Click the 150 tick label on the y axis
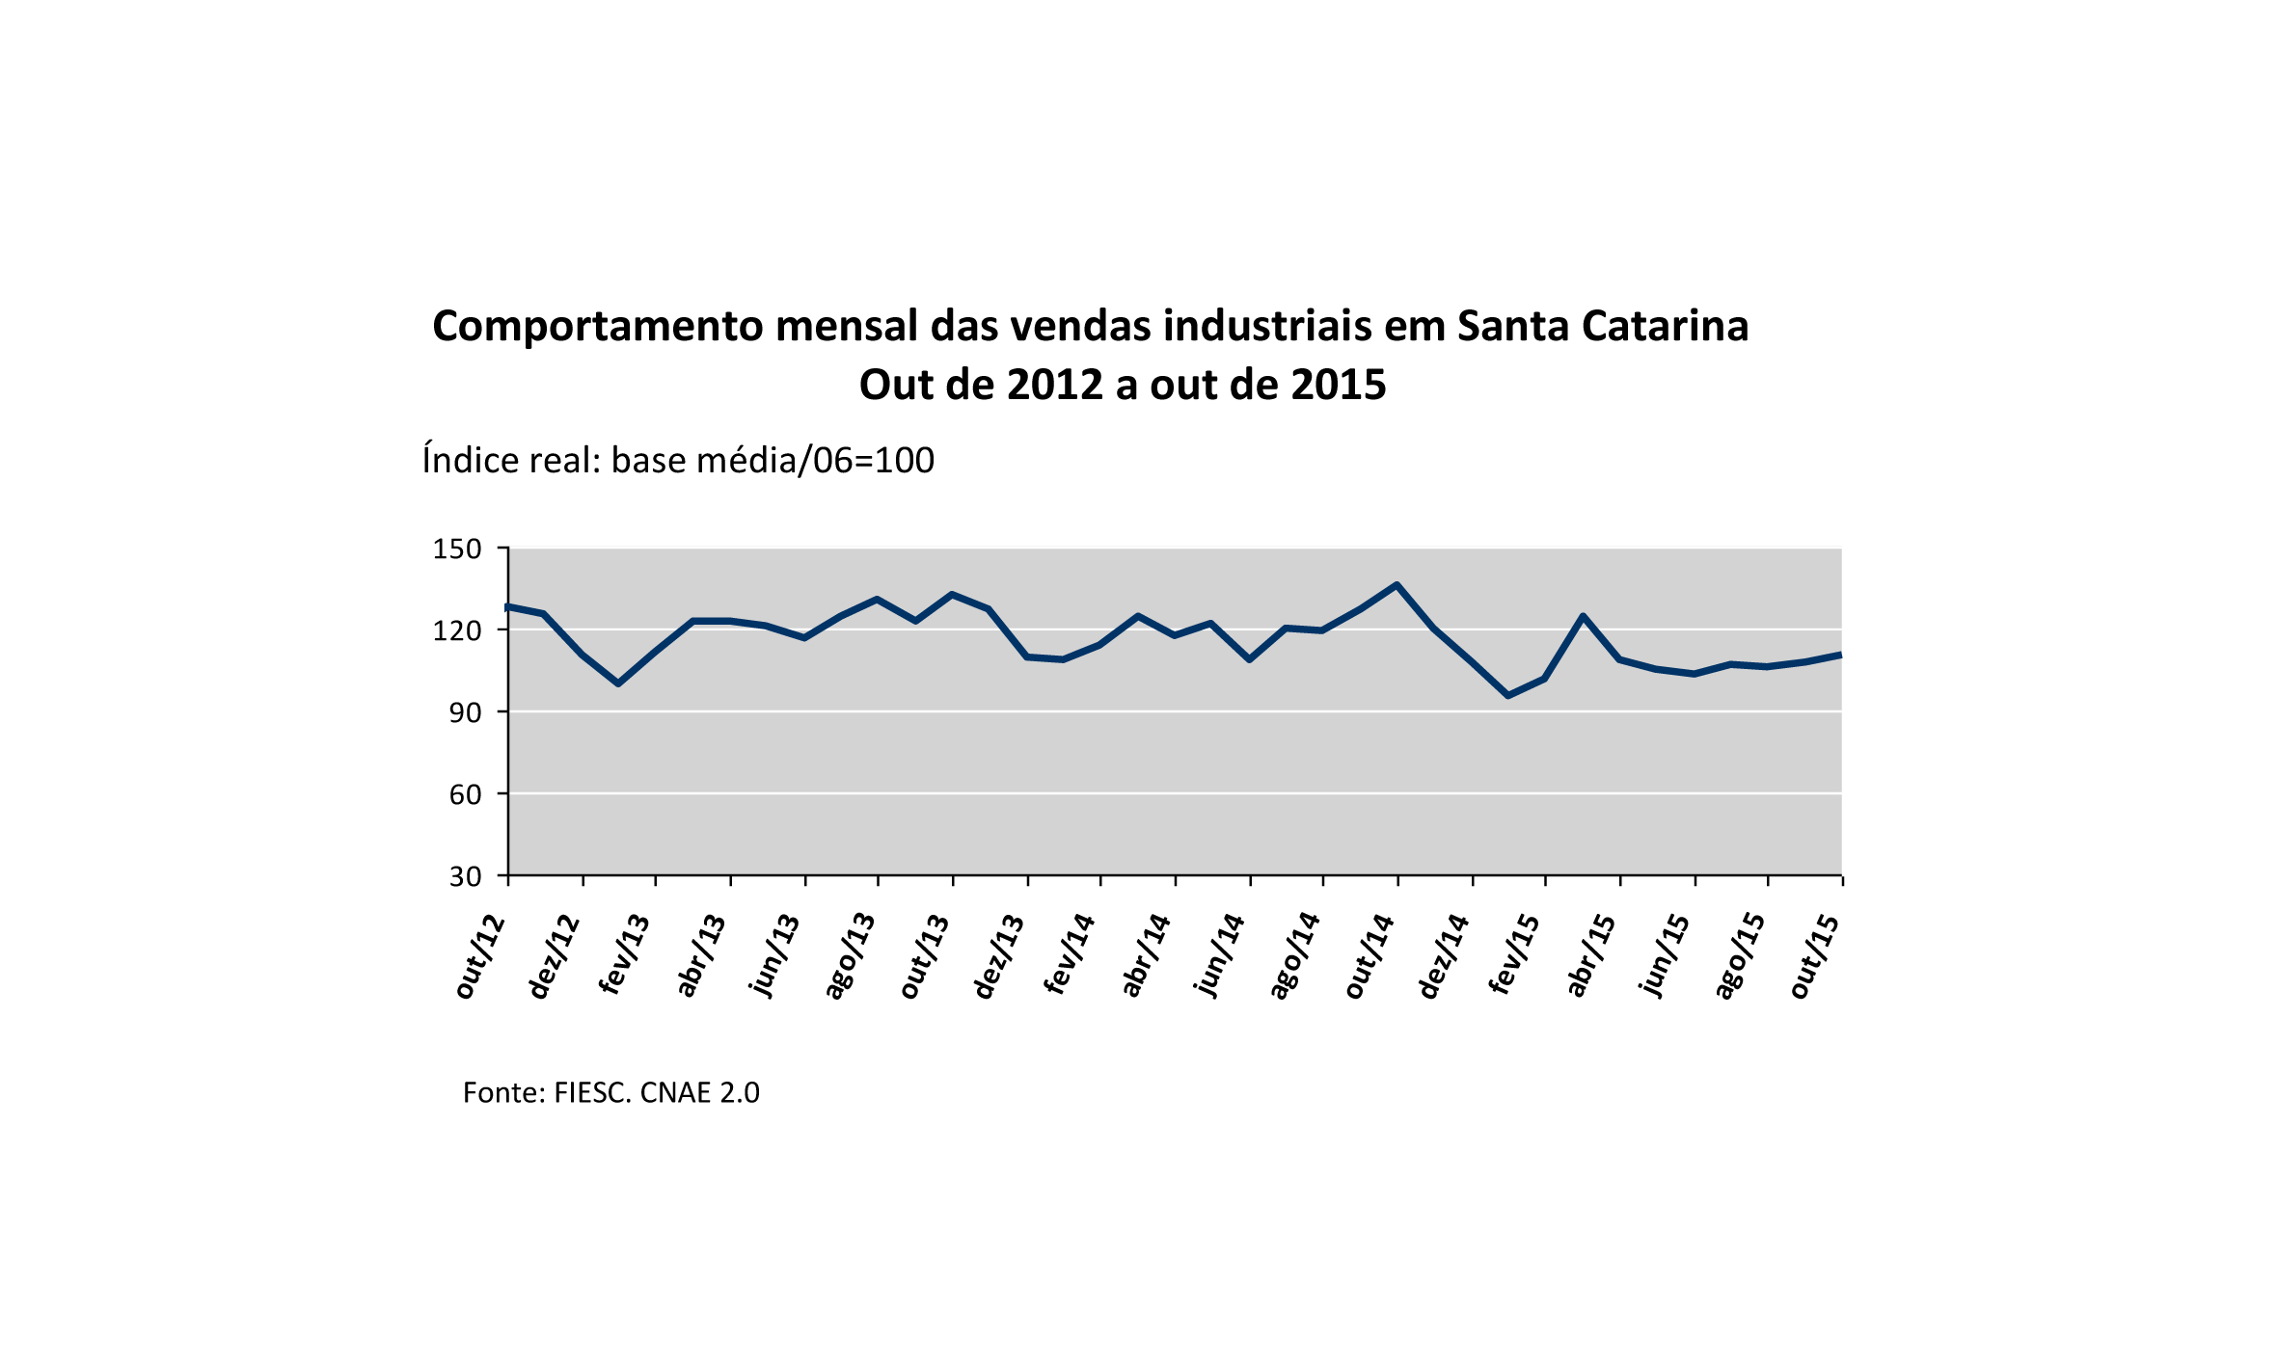[456, 549]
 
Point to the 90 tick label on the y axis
[465, 713]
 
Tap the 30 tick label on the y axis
[465, 877]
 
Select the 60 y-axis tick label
[465, 795]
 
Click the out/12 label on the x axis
[480, 957]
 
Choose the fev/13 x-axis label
[625, 955]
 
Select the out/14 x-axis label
[1370, 957]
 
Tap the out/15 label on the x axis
[1814, 957]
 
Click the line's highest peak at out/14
[1397, 584]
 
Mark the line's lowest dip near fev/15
[1507, 695]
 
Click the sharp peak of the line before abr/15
[1583, 615]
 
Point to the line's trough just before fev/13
[618, 683]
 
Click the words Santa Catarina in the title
[1602, 326]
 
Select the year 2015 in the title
[1338, 385]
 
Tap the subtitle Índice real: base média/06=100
[678, 461]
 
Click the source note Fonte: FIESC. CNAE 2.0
[610, 1092]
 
